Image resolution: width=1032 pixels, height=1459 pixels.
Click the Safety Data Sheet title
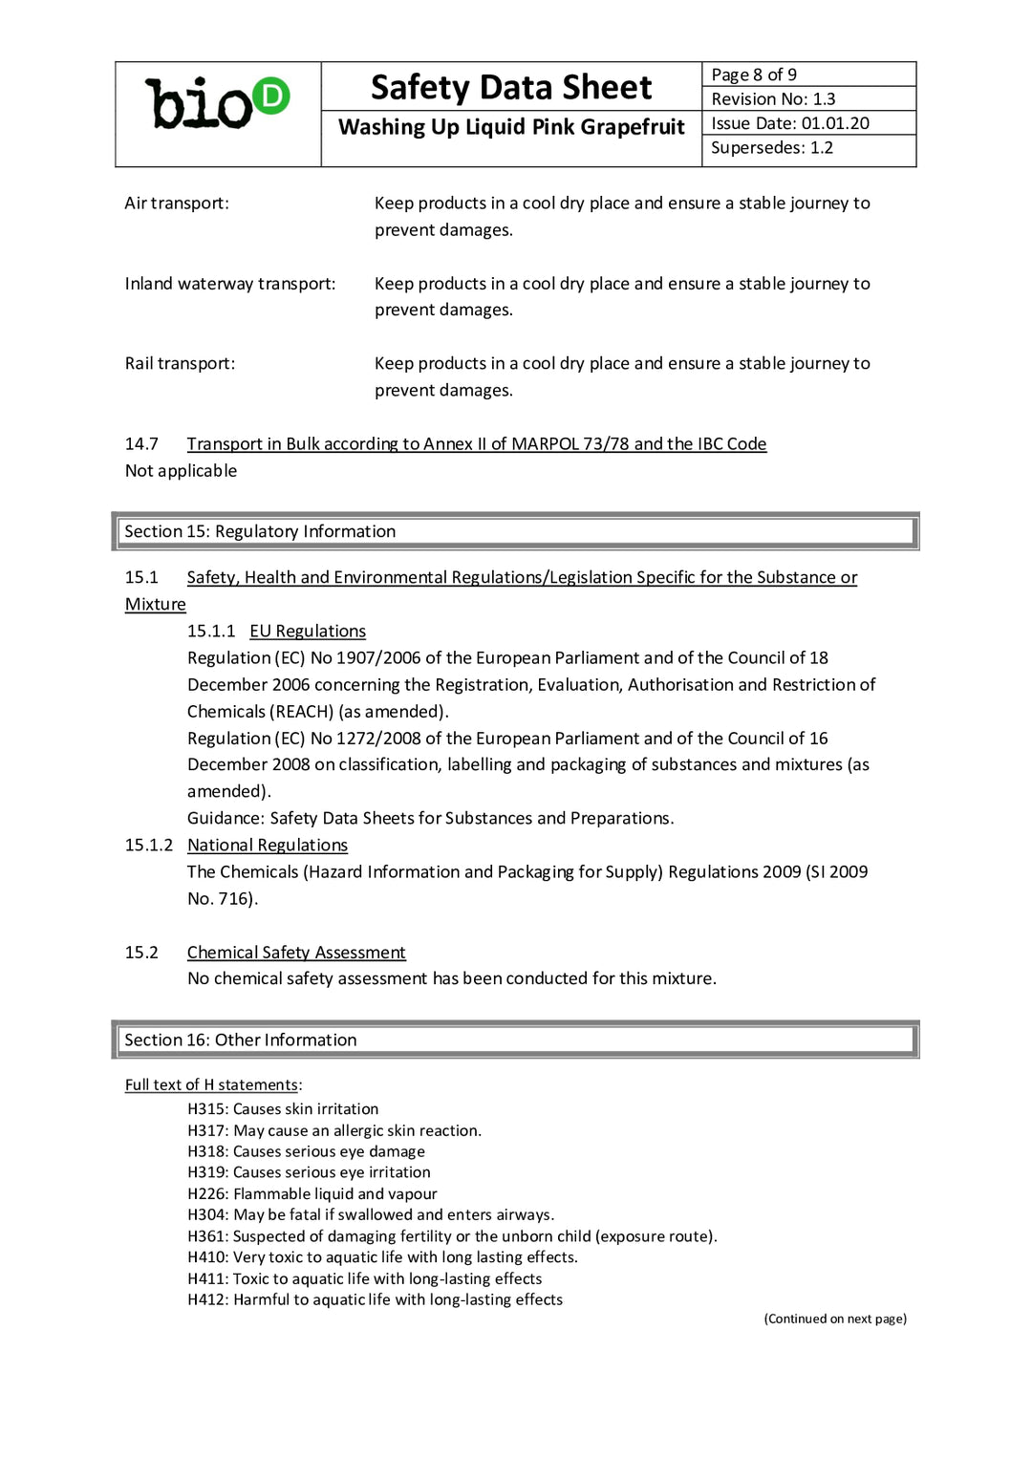(x=511, y=87)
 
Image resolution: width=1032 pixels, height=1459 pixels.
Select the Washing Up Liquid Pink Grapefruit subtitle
(x=511, y=127)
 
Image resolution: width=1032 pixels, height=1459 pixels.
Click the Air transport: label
(x=177, y=203)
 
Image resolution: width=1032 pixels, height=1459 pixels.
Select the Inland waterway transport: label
(x=230, y=284)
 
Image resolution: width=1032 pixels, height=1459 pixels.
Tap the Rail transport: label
(x=180, y=363)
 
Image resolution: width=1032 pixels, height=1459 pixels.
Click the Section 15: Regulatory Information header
(x=260, y=531)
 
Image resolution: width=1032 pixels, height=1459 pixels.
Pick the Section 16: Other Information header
(x=241, y=1040)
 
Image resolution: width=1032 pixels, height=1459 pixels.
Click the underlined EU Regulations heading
(x=308, y=631)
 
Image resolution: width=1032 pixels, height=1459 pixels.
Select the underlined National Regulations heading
(x=268, y=845)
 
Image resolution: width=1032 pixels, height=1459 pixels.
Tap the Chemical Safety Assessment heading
(x=296, y=952)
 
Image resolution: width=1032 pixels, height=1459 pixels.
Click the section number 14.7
(x=141, y=443)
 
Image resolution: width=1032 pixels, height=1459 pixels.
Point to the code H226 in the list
(x=207, y=1193)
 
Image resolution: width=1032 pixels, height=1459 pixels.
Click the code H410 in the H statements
(x=207, y=1257)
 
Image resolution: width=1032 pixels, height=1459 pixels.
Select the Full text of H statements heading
(x=211, y=1084)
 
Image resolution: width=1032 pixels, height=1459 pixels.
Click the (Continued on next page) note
(x=835, y=1319)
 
